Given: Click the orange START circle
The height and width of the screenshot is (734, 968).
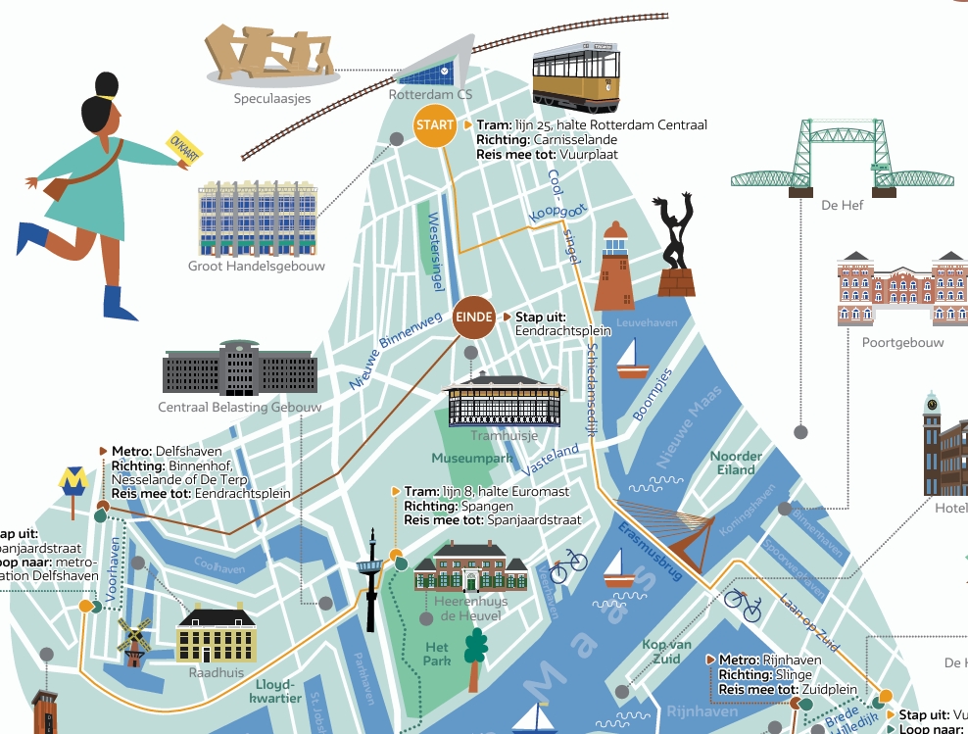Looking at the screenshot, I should [434, 125].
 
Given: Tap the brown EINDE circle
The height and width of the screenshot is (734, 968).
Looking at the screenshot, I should [473, 317].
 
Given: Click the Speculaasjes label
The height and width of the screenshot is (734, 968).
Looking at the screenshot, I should [271, 99].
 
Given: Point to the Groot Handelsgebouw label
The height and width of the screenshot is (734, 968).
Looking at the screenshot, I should [257, 266].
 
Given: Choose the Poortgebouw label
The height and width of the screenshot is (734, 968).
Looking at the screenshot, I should [902, 343].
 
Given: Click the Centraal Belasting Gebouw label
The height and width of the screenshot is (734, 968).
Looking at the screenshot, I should [240, 407].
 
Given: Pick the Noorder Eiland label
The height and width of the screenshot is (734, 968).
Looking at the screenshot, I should [736, 463].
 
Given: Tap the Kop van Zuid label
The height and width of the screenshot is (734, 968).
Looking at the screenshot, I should [667, 652].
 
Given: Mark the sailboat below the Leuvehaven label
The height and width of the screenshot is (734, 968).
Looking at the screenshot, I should [632, 360].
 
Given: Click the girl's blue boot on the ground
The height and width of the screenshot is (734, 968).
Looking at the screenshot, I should [120, 302].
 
